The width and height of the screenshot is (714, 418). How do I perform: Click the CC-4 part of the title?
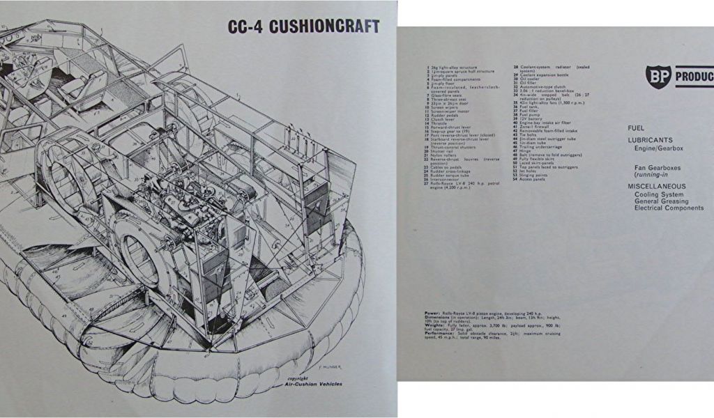(247, 27)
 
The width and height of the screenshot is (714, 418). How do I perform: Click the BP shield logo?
(658, 77)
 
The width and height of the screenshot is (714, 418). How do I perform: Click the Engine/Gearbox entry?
(657, 148)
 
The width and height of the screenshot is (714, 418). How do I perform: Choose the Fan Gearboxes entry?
(658, 168)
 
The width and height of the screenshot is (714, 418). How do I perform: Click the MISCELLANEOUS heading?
(656, 187)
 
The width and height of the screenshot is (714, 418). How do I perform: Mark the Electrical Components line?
(669, 208)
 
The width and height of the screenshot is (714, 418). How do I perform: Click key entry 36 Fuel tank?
(526, 106)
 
